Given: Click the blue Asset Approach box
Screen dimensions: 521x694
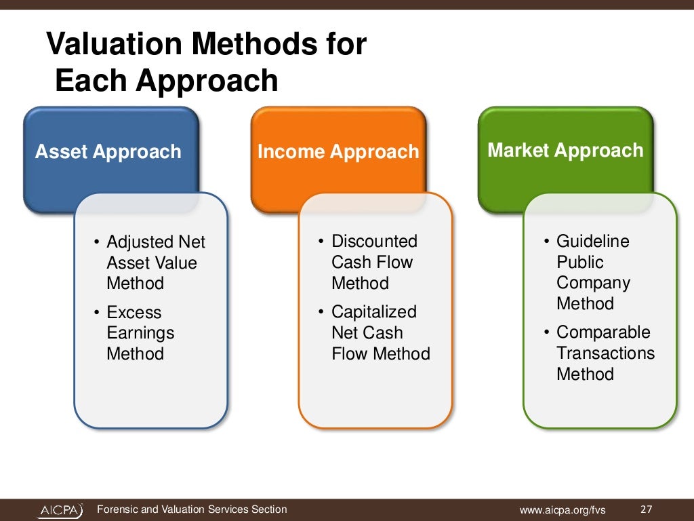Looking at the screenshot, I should [x=108, y=151].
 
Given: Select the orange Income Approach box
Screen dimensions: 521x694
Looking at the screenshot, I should [x=338, y=151].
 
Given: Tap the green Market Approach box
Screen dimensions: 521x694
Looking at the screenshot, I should [x=565, y=150].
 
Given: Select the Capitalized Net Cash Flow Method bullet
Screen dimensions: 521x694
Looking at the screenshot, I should [x=380, y=332].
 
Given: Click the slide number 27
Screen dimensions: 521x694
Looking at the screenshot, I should [x=645, y=509].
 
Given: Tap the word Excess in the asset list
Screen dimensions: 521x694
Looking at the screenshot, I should [x=134, y=313].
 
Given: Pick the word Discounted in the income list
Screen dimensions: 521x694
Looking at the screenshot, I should [x=374, y=242].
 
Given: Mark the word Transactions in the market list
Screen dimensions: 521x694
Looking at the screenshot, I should [x=605, y=353].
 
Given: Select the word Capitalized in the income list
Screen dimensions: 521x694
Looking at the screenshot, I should [x=373, y=312].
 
